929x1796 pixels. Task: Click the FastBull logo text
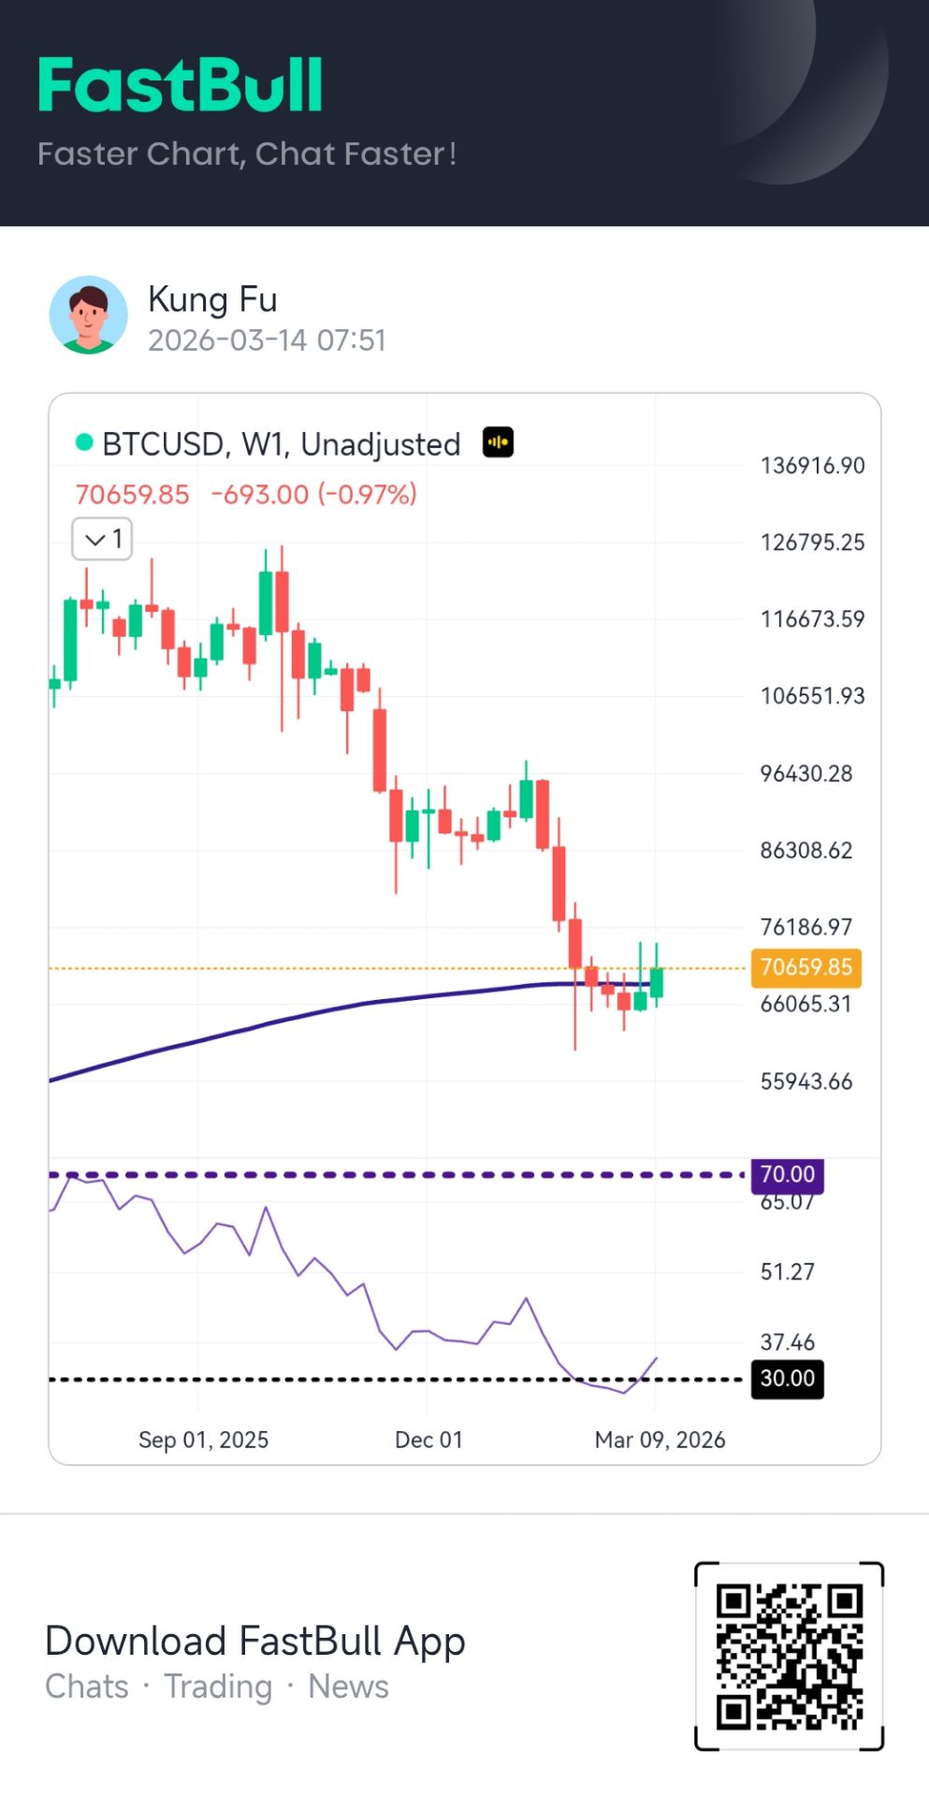coord(181,85)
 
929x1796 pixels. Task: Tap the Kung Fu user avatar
coord(89,314)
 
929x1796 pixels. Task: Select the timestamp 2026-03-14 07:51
coord(267,340)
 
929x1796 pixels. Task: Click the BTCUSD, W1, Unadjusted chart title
coord(281,444)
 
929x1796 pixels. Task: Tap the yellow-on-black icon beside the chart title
coord(498,442)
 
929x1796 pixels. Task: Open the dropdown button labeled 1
coord(103,539)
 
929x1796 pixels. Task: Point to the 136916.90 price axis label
coord(812,465)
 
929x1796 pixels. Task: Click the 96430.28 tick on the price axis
coord(806,774)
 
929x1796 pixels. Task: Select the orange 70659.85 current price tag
coord(806,967)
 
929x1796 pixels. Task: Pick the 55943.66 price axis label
coord(806,1081)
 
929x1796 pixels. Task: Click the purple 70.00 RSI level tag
coord(787,1174)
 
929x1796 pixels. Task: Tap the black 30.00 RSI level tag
coord(787,1378)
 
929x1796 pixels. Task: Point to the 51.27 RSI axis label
coord(787,1271)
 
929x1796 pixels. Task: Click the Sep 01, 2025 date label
coord(203,1440)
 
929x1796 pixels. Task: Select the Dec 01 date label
coord(428,1440)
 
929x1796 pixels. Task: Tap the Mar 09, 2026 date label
coord(660,1440)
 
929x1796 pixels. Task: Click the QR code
coord(789,1656)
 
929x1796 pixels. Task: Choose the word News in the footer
coord(348,1687)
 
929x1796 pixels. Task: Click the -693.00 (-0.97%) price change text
coord(314,494)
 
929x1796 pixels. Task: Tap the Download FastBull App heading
coord(255,1641)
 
